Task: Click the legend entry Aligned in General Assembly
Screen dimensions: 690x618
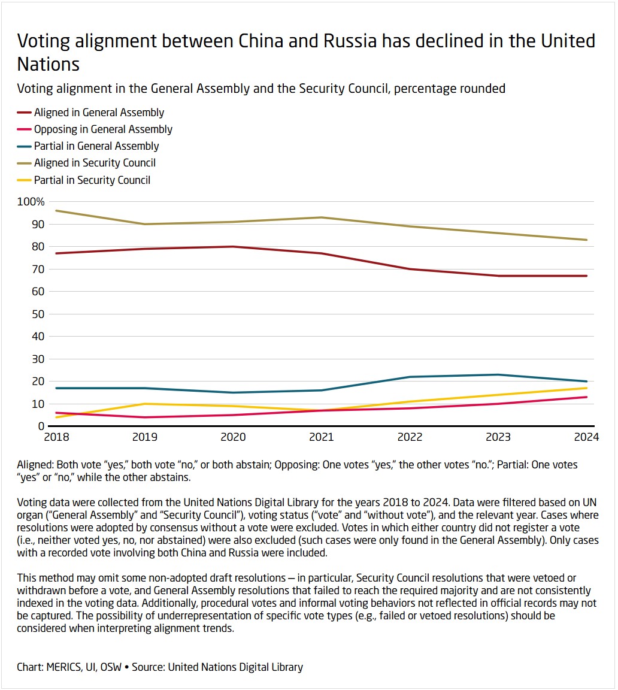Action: coord(99,113)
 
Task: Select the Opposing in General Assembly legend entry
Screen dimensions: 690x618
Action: coord(103,129)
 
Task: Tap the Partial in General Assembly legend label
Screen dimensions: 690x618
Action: coord(96,146)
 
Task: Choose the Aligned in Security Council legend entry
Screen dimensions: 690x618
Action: coord(95,163)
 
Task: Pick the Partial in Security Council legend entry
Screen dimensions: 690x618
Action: coord(92,180)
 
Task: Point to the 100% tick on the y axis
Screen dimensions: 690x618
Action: coord(31,202)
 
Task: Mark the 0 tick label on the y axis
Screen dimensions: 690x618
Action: coord(41,426)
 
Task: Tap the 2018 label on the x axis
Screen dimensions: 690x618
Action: coord(57,437)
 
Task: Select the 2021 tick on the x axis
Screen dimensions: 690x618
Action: coord(321,437)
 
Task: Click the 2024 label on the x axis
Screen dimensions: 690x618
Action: coord(586,437)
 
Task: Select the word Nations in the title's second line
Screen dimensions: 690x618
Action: coord(49,63)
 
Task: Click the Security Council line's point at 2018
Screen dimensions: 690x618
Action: coord(57,211)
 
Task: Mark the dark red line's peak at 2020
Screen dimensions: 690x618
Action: coord(233,247)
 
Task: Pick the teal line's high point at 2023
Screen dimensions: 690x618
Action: coord(498,375)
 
